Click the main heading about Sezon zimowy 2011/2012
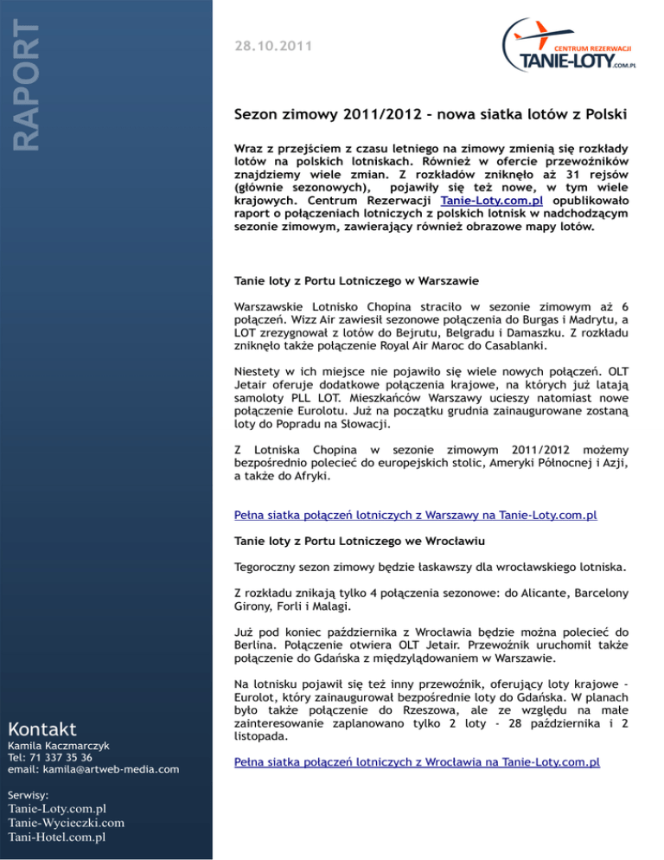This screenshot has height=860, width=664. click(431, 114)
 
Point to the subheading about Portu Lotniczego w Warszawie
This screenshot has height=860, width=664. click(344, 281)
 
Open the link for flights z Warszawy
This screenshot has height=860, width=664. click(416, 516)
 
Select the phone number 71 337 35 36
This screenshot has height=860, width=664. click(67, 757)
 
